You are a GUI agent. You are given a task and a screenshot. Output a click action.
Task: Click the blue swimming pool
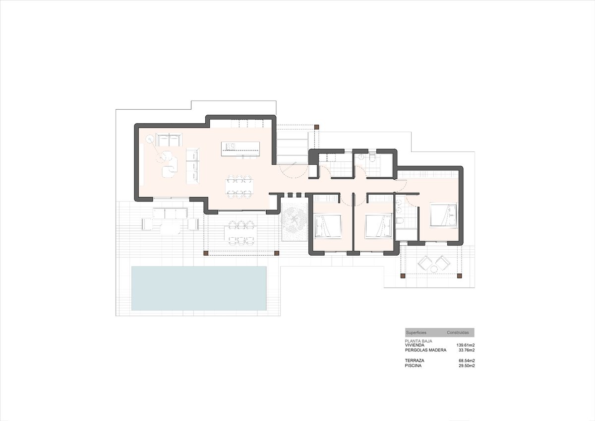(199, 288)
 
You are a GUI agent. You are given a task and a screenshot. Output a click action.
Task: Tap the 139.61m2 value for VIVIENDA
(466, 345)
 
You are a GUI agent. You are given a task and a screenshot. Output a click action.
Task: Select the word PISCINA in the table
(413, 366)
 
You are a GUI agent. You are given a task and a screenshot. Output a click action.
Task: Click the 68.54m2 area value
(467, 360)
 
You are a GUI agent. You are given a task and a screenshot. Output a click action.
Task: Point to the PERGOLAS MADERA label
(425, 351)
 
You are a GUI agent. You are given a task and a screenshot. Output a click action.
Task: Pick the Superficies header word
(416, 333)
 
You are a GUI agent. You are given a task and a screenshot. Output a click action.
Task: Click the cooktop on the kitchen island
(231, 146)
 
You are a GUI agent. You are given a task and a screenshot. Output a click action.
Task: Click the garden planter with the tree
(295, 221)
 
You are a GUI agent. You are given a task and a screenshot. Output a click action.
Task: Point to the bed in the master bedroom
(443, 215)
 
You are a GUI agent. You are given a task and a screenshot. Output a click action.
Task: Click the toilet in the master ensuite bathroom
(399, 221)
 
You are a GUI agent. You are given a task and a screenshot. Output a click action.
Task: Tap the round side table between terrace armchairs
(434, 270)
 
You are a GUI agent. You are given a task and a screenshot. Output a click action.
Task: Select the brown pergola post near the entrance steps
(316, 127)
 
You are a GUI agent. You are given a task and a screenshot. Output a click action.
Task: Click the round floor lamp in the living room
(150, 139)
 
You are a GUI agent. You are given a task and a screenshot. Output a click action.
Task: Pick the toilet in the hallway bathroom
(372, 158)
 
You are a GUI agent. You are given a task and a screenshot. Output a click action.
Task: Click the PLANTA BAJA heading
(418, 341)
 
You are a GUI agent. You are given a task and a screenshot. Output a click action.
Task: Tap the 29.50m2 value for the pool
(467, 366)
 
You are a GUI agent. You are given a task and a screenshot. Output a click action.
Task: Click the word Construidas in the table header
(458, 333)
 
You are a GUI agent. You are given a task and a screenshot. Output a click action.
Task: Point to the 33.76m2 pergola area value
(467, 351)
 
